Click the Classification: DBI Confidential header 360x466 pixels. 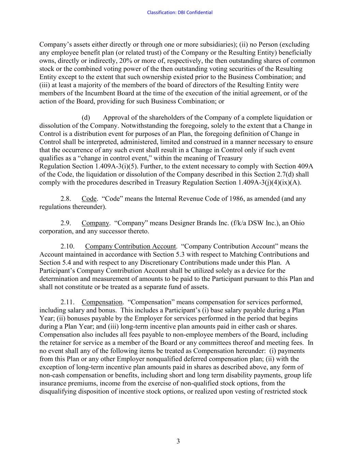pyautogui.click(x=179, y=13)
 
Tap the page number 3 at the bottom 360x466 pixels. pyautogui.click(x=178, y=441)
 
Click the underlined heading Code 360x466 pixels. pyautogui.click(x=89, y=199)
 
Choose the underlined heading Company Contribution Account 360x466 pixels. pyautogui.click(x=131, y=246)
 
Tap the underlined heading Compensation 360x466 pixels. pyautogui.click(x=102, y=302)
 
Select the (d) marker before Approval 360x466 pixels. pyautogui.click(x=86, y=118)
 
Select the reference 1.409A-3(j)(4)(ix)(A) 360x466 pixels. pyautogui.click(x=272, y=182)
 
